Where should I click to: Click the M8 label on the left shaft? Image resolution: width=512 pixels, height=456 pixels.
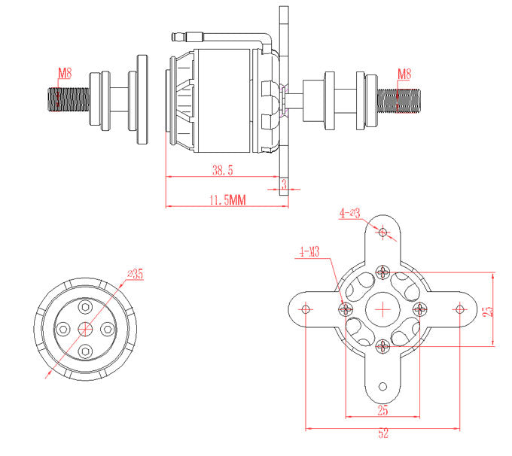66,74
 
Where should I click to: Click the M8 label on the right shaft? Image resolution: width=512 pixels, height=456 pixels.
404,74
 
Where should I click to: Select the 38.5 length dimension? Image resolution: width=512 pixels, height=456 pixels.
222,171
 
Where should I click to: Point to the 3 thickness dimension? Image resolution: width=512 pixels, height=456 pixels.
284,183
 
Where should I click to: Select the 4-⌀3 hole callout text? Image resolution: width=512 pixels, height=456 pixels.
350,213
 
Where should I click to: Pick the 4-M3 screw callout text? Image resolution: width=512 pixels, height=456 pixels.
309,251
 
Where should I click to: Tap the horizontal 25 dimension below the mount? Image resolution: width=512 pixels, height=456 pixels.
382,410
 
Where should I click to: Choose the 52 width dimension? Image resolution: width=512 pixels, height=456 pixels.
382,434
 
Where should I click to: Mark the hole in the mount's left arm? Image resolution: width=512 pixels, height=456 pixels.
306,309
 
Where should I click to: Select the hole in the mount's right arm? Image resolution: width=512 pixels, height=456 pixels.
459,309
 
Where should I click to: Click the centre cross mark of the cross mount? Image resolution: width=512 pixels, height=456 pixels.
383,309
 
